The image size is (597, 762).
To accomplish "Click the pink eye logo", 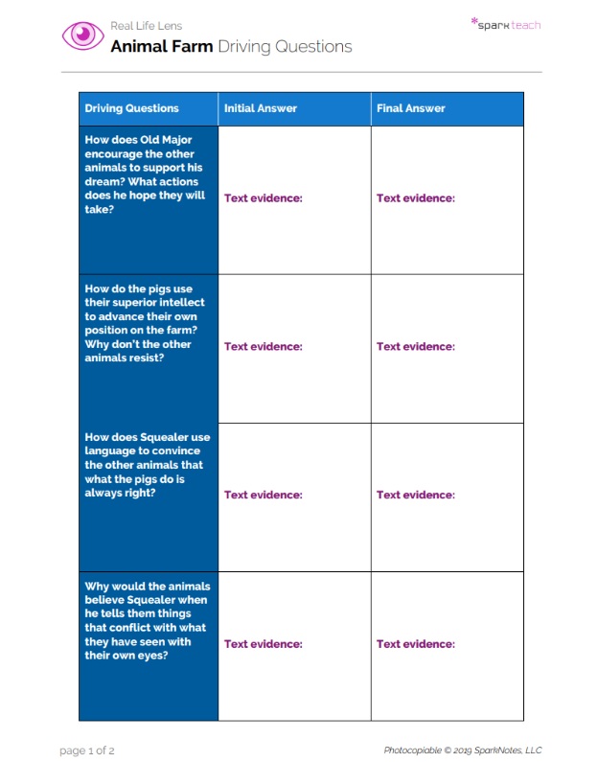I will pos(83,36).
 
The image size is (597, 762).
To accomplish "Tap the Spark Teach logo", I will pos(506,24).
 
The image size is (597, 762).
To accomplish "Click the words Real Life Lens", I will pos(146,26).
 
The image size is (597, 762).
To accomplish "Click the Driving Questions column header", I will pos(131,108).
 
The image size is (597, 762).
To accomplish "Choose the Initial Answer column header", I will pos(261,108).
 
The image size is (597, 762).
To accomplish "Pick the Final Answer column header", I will pos(411,108).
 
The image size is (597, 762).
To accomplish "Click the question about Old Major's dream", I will pos(145,174).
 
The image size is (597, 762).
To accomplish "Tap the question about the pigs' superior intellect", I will pos(145,323).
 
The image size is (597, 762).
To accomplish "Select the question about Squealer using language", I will pos(147,465).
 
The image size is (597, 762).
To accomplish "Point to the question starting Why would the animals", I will pos(147,620).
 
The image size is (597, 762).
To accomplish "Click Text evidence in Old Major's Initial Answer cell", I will pos(264,198).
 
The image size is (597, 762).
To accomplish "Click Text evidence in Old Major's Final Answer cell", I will pos(416,198).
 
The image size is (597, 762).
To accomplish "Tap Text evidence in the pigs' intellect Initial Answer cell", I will pos(264,347).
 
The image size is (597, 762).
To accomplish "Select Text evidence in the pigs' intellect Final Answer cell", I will pos(416,347).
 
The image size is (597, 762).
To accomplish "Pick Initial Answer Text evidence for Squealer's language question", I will pos(264,496).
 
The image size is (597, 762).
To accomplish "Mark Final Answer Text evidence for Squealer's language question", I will pos(416,496).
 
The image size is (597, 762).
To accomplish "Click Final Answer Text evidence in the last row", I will pos(416,644).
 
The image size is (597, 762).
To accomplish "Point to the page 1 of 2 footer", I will pos(87,750).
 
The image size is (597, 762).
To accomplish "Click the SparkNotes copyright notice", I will pos(463,750).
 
